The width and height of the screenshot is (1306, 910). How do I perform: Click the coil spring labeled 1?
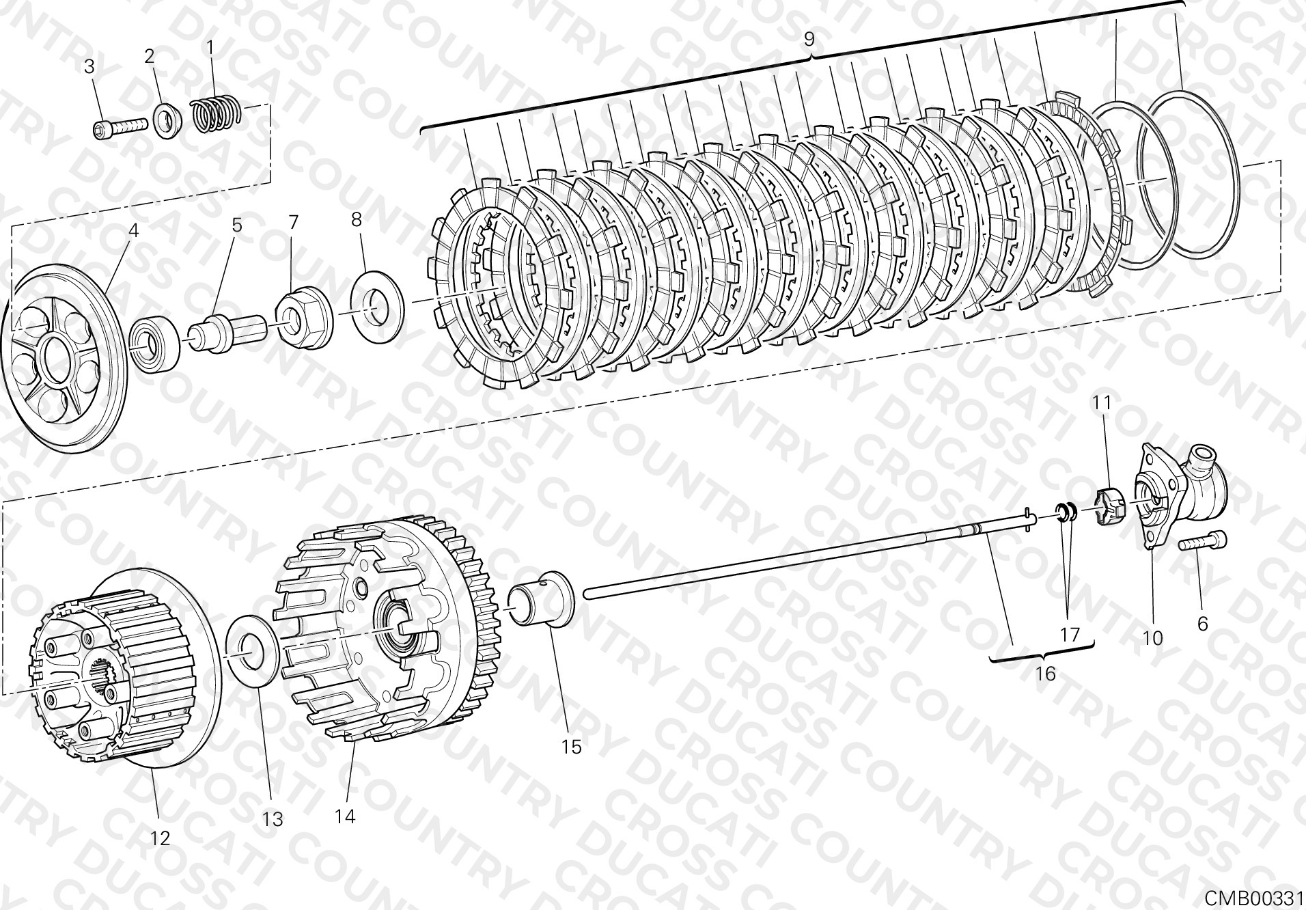pos(215,113)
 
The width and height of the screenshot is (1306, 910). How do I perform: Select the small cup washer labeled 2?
pos(166,120)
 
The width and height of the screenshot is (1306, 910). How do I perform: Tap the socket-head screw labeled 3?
pos(120,126)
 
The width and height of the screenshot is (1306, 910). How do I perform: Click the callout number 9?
pos(809,39)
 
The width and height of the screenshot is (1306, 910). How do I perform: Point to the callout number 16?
pos(1045,674)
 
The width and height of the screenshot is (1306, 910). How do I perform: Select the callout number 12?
pos(160,838)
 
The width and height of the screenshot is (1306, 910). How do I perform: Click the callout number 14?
pos(346,816)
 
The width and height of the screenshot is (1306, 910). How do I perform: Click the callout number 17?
pos(1070,635)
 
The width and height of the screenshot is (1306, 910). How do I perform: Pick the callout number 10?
pos(1152,638)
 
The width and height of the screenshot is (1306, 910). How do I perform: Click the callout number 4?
pos(133,230)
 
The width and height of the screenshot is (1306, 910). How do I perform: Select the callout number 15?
pos(571,747)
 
